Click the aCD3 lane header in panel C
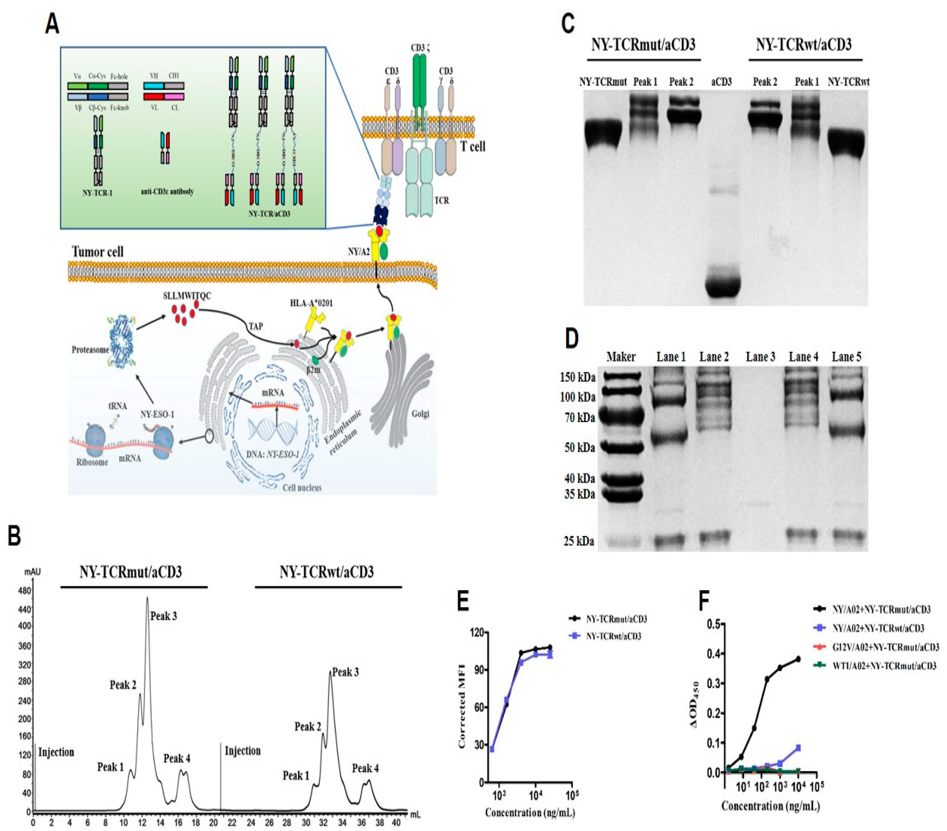click(721, 82)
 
